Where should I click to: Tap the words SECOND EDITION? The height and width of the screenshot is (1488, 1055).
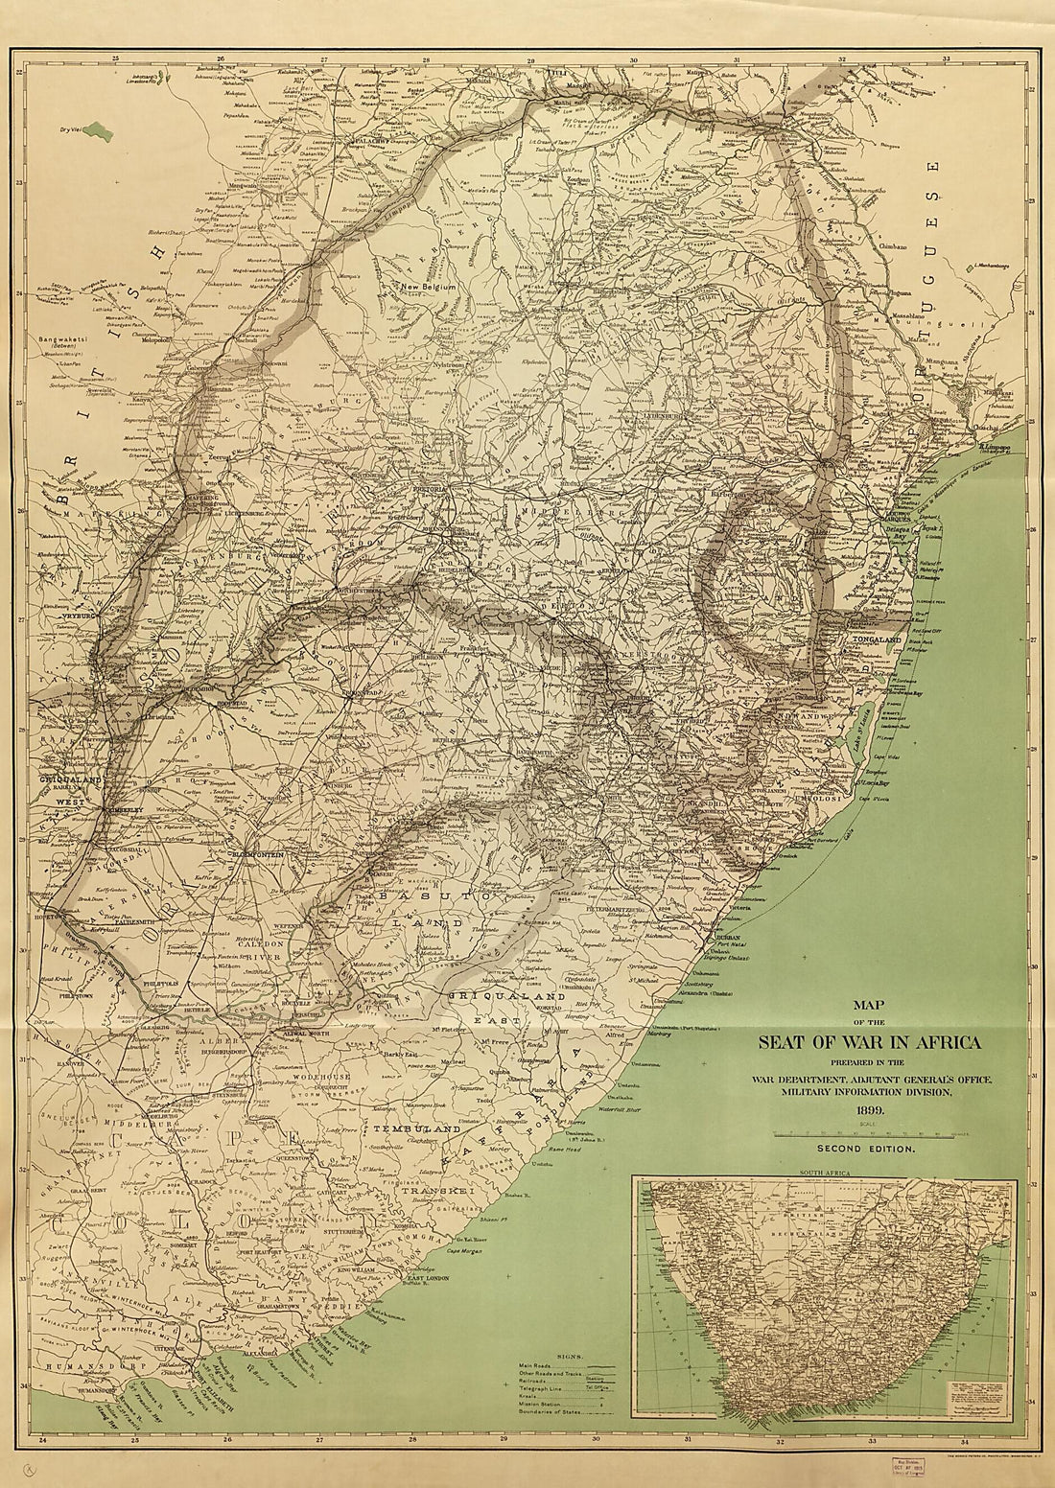(x=866, y=1147)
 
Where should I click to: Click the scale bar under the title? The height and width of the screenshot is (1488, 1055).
(x=866, y=1133)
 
